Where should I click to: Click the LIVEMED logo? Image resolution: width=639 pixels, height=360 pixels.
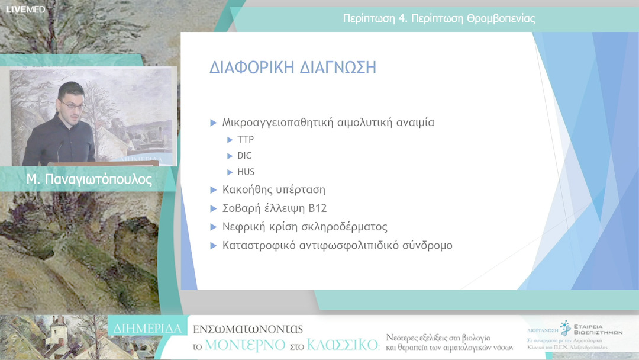click(x=25, y=9)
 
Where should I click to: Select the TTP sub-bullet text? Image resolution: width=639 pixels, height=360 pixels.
click(x=246, y=140)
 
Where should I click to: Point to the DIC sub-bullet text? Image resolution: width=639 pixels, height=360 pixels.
click(x=244, y=156)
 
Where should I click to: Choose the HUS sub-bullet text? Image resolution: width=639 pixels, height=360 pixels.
click(x=246, y=172)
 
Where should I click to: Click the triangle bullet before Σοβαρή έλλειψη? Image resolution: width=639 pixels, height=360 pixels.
click(x=214, y=208)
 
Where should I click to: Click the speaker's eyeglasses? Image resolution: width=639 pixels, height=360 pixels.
click(x=70, y=104)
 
